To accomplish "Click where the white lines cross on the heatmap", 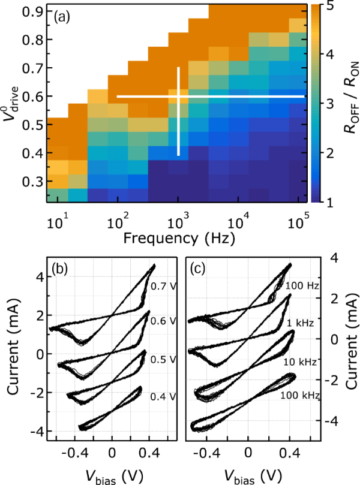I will [x=178, y=96].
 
